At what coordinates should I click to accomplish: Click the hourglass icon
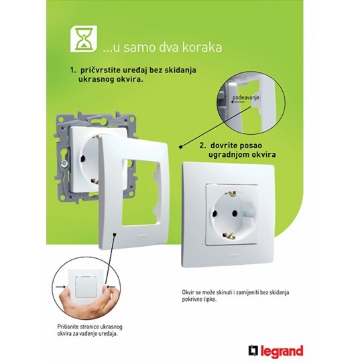[x=84, y=39]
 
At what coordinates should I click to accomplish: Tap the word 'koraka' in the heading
[x=202, y=47]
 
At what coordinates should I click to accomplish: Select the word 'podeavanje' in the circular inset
[x=246, y=97]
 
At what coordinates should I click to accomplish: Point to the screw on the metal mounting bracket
[x=63, y=164]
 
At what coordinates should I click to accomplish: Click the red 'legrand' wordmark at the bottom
[x=282, y=351]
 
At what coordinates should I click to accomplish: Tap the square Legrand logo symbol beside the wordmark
[x=253, y=351]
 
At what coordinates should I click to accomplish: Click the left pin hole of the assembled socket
[x=215, y=213]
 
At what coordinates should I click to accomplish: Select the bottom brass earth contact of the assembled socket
[x=229, y=236]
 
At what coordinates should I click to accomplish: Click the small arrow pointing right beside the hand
[x=61, y=287]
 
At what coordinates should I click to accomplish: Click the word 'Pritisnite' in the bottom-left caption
[x=67, y=327]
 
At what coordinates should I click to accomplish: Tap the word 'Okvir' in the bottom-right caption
[x=187, y=292]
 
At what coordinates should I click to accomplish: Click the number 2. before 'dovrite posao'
[x=202, y=145]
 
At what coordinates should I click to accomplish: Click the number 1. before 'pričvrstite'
[x=73, y=70]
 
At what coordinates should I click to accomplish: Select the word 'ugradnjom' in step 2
[x=229, y=155]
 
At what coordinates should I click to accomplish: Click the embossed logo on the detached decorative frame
[x=141, y=236]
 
